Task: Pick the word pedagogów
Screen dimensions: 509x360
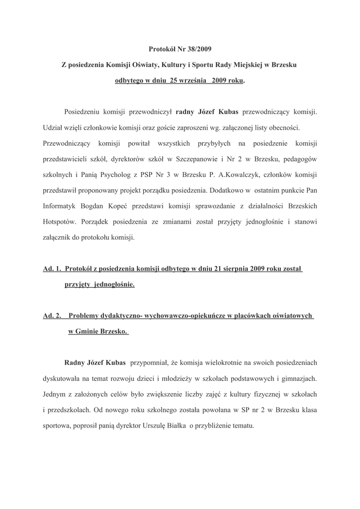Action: [296, 159]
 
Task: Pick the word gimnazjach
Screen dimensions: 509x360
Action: [298, 379]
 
